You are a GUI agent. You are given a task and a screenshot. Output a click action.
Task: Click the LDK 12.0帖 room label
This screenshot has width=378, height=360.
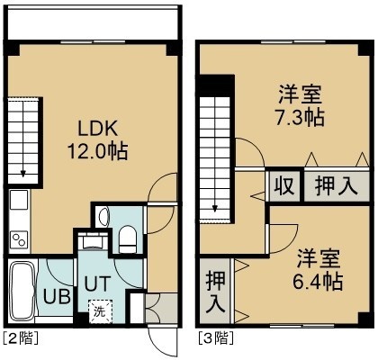(98, 139)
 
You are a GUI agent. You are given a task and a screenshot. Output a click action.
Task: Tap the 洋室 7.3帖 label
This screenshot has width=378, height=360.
(300, 105)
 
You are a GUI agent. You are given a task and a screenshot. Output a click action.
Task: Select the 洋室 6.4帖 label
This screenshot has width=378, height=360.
(318, 270)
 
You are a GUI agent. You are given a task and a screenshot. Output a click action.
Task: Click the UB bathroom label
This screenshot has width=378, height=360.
(57, 296)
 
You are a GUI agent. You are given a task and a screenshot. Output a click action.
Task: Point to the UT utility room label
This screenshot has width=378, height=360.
(98, 283)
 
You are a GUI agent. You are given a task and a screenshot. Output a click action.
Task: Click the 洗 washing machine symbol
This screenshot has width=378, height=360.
(100, 311)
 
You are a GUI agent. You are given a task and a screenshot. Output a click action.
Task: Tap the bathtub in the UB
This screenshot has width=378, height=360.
(23, 291)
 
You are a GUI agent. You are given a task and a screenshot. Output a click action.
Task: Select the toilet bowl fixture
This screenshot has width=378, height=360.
(128, 239)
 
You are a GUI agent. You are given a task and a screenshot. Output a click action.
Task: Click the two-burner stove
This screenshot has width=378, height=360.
(20, 239)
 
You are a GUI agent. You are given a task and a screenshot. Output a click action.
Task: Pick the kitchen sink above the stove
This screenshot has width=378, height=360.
(19, 200)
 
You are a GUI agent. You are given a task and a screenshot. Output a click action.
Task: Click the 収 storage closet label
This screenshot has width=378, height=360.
(284, 186)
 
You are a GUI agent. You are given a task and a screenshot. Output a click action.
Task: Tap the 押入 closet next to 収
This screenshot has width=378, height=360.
(337, 186)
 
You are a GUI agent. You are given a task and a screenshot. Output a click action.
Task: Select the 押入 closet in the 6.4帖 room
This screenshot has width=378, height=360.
(216, 291)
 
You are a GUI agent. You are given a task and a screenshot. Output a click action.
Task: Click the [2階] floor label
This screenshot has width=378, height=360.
(21, 338)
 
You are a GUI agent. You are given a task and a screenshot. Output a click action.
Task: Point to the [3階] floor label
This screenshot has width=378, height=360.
(216, 338)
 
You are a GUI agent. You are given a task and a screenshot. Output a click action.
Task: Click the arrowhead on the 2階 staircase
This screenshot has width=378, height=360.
(23, 174)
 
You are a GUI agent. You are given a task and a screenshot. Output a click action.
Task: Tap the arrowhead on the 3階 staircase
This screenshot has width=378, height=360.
(215, 208)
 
